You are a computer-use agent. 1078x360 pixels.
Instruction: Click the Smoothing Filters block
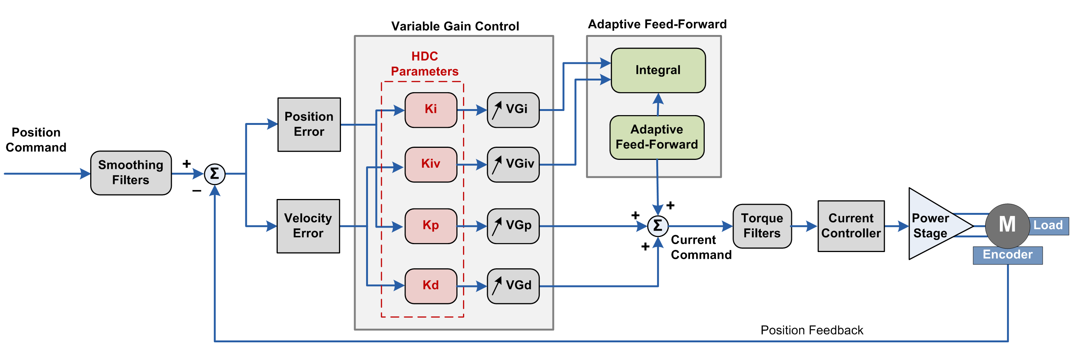click(x=130, y=172)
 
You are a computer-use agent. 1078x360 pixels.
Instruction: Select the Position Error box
click(x=309, y=124)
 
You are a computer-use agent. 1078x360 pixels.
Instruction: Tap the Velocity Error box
click(x=308, y=226)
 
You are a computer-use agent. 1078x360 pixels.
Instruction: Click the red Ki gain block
click(x=431, y=110)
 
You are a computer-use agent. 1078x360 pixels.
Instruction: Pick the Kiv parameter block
click(x=431, y=164)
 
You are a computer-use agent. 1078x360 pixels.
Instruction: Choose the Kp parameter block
click(x=431, y=226)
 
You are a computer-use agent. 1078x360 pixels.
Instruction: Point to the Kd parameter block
click(x=431, y=286)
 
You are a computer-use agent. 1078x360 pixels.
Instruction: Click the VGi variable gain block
click(x=513, y=110)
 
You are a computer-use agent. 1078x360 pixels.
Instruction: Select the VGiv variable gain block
click(x=513, y=164)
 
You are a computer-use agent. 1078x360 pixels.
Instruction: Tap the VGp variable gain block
click(x=513, y=226)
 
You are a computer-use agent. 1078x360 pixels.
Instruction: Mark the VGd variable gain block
click(x=513, y=286)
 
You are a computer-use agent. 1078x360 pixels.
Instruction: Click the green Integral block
click(x=658, y=70)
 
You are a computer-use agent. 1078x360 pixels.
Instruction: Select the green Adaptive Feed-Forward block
click(x=657, y=137)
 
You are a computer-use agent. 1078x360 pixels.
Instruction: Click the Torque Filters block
click(x=762, y=226)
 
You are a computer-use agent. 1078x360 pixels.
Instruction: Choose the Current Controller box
click(x=851, y=226)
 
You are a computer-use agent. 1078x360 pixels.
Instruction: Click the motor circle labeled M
click(x=1007, y=225)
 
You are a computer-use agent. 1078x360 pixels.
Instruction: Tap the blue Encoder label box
click(x=1007, y=255)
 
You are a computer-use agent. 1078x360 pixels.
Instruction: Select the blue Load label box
click(x=1048, y=226)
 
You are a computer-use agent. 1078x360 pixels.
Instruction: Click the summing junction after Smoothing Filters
click(x=215, y=174)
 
